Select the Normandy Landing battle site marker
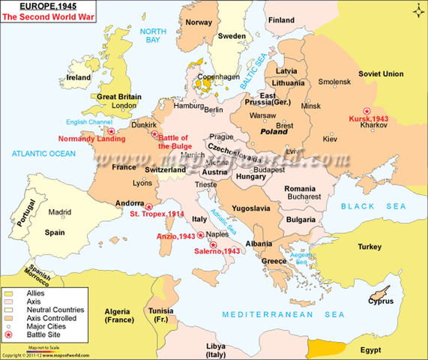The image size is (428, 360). tap(112, 131)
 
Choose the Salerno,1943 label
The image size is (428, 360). tap(217, 250)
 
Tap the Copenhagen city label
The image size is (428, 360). tap(218, 76)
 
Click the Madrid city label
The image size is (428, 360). tap(60, 212)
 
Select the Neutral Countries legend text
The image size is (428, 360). tap(55, 309)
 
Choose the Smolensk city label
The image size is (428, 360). tap(334, 82)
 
